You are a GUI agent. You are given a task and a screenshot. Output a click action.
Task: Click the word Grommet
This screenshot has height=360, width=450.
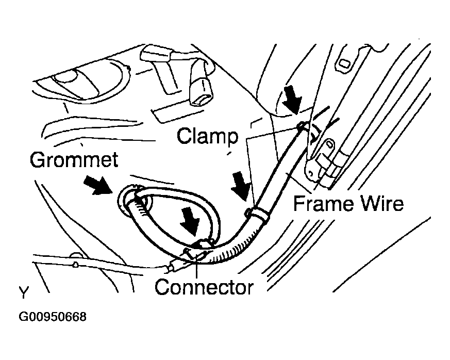click(x=74, y=160)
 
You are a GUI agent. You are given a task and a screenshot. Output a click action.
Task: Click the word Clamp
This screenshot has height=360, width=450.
click(x=208, y=136)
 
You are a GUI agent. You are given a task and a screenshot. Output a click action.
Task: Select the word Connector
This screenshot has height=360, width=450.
click(x=204, y=287)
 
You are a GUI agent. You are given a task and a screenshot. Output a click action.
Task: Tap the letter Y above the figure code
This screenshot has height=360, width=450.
click(x=24, y=293)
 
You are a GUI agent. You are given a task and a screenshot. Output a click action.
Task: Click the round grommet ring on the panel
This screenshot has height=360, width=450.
click(x=128, y=202)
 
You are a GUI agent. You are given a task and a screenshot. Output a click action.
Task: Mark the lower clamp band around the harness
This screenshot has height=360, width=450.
click(x=256, y=213)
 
